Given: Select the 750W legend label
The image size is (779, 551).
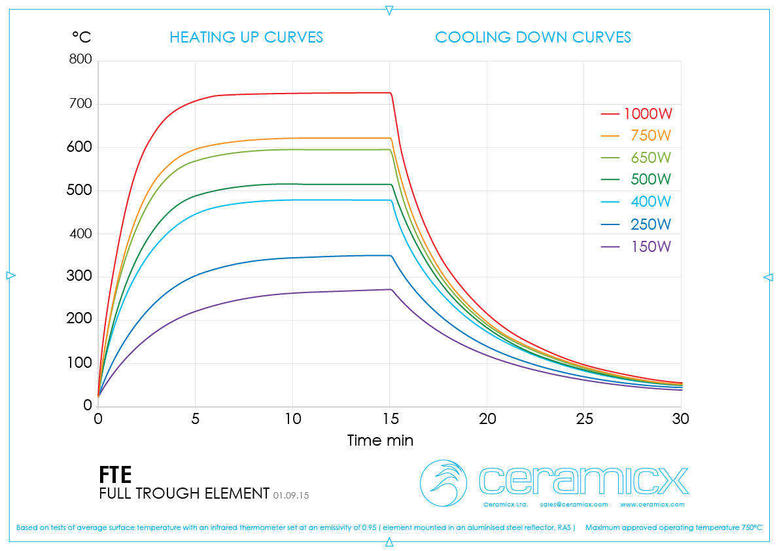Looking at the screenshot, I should [651, 136].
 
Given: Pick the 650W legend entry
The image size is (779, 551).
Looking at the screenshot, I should [651, 158].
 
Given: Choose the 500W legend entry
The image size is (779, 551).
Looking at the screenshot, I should [651, 180].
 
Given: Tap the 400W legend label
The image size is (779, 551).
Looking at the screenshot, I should [651, 202].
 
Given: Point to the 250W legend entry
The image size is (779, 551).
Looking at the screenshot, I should [651, 224].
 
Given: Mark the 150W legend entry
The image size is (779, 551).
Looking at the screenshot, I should [651, 247].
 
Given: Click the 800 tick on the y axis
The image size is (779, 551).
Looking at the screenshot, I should [80, 60].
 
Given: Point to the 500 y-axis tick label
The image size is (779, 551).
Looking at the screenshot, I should [80, 190].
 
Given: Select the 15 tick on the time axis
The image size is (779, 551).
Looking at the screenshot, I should [390, 419].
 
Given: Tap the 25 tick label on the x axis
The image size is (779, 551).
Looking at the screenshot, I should [584, 419].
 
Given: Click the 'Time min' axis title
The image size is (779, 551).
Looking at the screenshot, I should [380, 440].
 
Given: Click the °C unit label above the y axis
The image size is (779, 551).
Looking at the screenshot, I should [82, 37].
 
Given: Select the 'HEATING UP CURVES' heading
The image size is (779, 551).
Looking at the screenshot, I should [246, 37].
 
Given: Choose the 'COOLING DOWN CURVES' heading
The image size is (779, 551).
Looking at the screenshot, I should [533, 37].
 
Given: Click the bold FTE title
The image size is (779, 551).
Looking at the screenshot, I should [115, 474].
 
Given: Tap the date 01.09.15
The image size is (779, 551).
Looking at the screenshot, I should [291, 495].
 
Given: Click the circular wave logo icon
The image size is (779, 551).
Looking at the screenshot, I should [443, 483].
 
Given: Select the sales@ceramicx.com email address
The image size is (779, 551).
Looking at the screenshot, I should [574, 505].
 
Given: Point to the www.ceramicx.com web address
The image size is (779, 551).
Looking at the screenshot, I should [652, 505].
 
